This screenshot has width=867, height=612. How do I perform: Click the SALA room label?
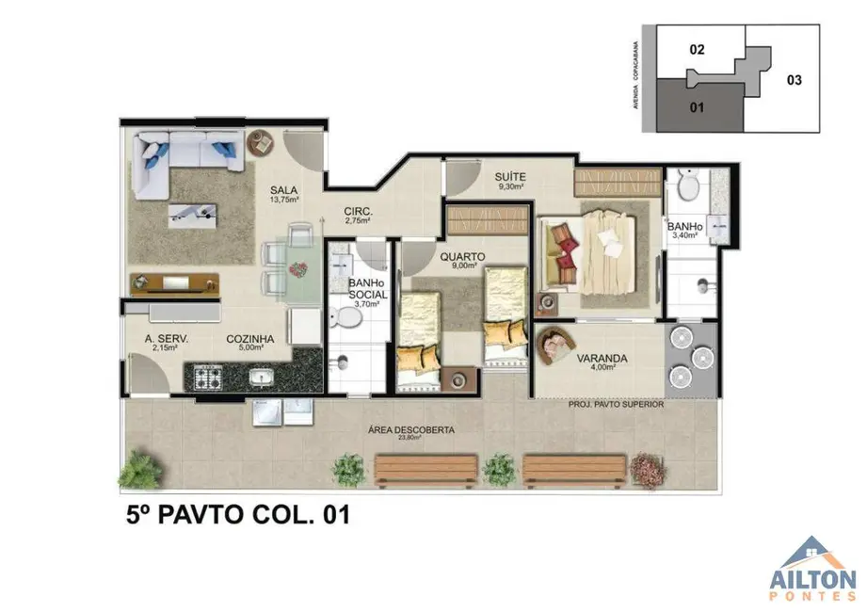coord(283,188)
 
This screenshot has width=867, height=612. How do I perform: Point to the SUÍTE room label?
coord(512,177)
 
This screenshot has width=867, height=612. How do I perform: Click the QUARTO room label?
coord(461,256)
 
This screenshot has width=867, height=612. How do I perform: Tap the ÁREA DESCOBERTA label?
coord(410,430)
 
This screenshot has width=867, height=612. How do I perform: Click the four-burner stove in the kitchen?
coord(207,378)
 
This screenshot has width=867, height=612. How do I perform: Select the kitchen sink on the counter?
coord(262,378)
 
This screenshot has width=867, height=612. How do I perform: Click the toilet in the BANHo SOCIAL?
coord(348,319)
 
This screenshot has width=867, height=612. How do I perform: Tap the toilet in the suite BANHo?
coord(687,187)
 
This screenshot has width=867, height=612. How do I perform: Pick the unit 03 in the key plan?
coord(793,80)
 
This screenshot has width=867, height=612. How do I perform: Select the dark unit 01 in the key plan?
coord(698,106)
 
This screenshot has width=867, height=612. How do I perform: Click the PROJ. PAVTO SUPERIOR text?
coord(616,404)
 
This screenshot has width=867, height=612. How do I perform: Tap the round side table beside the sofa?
coord(260,143)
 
